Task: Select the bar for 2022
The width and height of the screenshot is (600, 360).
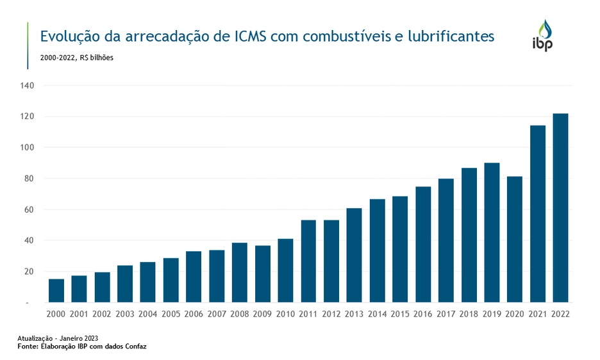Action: tap(560, 208)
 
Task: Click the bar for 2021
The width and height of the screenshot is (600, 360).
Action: tap(538, 214)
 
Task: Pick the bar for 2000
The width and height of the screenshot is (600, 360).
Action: tap(56, 291)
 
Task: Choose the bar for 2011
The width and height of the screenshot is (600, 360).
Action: tap(308, 261)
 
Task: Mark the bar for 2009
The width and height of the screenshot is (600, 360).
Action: tap(262, 274)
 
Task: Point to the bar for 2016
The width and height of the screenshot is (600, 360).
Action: tap(423, 245)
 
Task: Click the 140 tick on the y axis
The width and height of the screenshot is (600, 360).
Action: tap(28, 85)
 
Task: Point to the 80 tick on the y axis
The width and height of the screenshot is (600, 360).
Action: tap(29, 179)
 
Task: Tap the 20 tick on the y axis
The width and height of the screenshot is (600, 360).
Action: tap(29, 272)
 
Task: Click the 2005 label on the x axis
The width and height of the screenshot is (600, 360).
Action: tap(171, 315)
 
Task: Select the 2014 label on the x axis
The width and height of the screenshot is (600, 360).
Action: tap(377, 315)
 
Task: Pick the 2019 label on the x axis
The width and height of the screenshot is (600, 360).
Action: tap(492, 315)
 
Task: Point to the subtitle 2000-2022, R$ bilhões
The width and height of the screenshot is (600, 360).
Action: tap(77, 58)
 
